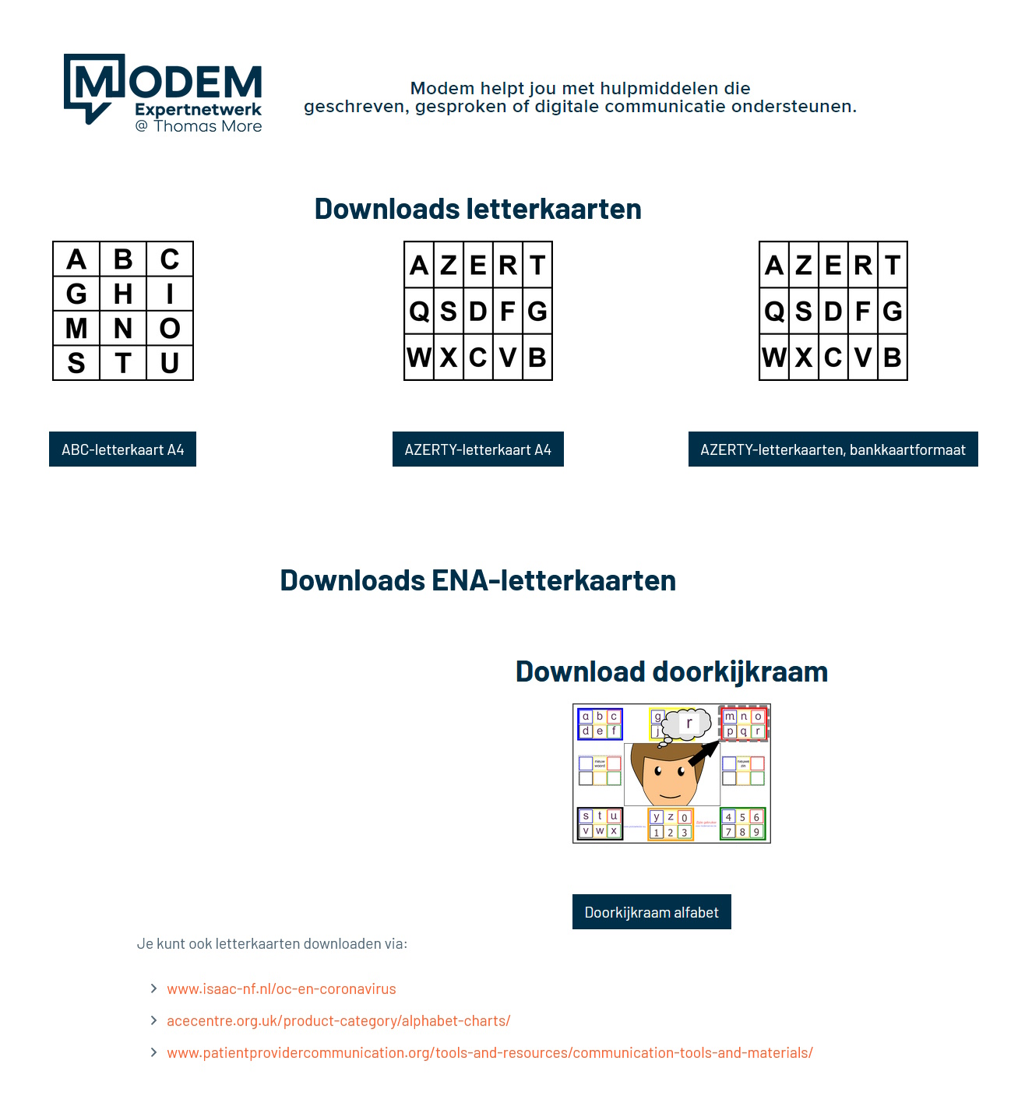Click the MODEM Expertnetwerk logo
click(162, 92)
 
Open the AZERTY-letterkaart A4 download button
click(477, 449)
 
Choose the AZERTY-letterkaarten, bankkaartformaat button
click(833, 449)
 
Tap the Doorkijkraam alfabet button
click(651, 912)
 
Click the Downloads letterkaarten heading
click(477, 209)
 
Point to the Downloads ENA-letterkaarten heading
click(477, 580)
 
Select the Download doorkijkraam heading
click(671, 671)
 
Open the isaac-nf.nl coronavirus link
click(281, 988)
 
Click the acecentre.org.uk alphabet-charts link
click(338, 1020)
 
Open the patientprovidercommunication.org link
click(489, 1052)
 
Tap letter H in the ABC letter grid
click(123, 294)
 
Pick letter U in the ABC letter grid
click(170, 363)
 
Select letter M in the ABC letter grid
click(76, 329)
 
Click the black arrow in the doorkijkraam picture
click(703, 753)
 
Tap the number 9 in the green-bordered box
click(756, 832)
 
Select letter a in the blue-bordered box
click(586, 717)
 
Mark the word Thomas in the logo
click(180, 126)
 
